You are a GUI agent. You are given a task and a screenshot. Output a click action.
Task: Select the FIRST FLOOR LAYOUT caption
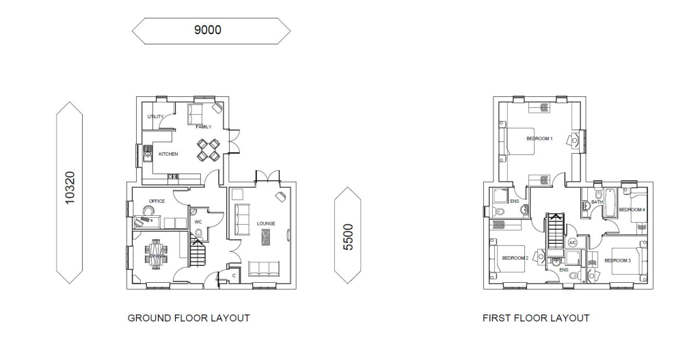point(535,318)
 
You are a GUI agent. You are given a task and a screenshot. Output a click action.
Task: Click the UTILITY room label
point(155,117)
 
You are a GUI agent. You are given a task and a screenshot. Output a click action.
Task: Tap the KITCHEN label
point(168,154)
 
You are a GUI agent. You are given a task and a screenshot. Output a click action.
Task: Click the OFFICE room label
point(157,201)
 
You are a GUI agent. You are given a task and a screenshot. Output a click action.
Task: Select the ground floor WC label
point(198,222)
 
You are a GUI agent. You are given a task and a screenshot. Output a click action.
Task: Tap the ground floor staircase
point(197,254)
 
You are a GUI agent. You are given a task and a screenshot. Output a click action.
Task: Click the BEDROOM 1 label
point(539,139)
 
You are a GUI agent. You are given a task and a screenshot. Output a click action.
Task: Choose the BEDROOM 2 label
point(515,258)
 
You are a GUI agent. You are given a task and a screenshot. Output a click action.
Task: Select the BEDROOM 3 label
point(617,260)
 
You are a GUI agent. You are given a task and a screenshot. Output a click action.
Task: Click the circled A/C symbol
point(573,243)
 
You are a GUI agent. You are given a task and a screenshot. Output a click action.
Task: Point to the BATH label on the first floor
point(597,202)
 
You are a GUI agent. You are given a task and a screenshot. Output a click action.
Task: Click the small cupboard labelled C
point(234,276)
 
